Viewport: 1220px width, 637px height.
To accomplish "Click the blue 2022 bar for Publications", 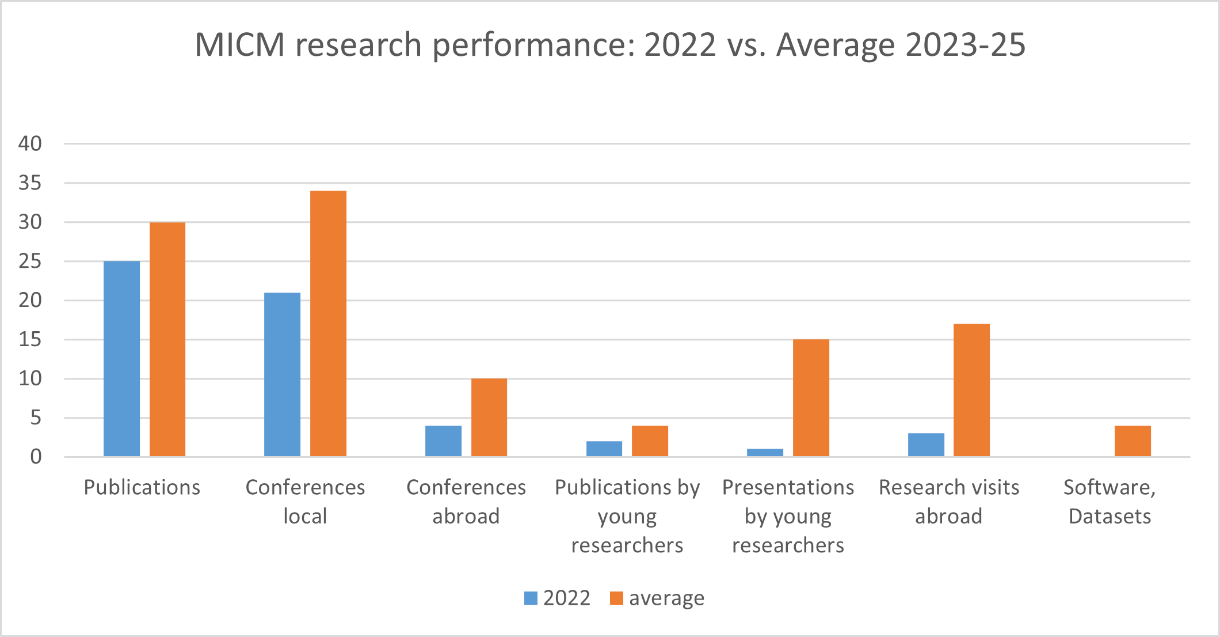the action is [x=121, y=359].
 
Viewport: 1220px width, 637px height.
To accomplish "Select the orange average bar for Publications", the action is [x=167, y=339].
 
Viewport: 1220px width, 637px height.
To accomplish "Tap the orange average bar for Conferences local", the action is [x=328, y=324].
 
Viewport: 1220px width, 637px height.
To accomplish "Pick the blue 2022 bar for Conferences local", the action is [x=282, y=374].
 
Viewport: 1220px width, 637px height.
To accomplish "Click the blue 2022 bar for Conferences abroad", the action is [x=443, y=441].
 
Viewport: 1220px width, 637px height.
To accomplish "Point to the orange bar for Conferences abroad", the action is [x=489, y=418].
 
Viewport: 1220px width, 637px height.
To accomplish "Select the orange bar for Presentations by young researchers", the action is [x=811, y=398].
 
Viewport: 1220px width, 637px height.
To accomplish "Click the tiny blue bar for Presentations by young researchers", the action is [x=765, y=453].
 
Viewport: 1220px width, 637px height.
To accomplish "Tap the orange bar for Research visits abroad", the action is [x=971, y=390].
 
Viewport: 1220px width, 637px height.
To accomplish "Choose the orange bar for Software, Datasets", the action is [x=1133, y=441].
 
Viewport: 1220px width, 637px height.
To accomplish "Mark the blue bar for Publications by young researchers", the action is [x=604, y=449].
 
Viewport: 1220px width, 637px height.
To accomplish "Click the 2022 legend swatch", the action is [x=531, y=598].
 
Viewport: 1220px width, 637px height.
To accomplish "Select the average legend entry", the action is [x=657, y=598].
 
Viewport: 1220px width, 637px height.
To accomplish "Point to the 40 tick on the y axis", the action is [x=30, y=143].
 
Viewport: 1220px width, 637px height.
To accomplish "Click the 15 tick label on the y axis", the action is [x=30, y=339].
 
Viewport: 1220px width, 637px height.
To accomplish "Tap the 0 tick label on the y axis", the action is [x=36, y=457].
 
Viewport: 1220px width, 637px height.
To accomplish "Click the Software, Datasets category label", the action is [x=1110, y=502].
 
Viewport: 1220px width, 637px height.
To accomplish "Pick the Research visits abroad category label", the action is [x=949, y=502].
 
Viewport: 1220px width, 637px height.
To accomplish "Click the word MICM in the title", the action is [x=240, y=45].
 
